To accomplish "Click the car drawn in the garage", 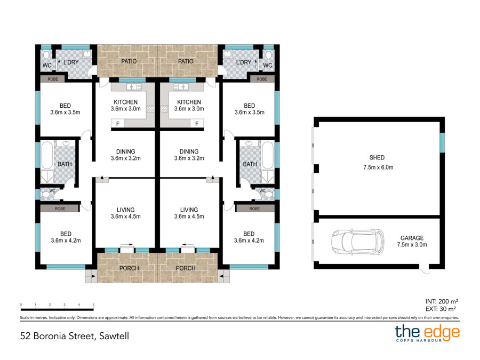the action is (x=357, y=242).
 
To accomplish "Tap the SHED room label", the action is (x=377, y=158).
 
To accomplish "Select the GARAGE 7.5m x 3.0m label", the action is (x=412, y=241).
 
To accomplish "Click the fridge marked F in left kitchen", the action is (x=118, y=124).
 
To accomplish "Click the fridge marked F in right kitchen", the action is (x=197, y=124).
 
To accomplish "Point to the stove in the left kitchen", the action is (x=150, y=109).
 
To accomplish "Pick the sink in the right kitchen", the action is (x=181, y=87).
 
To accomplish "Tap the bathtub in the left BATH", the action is (x=47, y=155).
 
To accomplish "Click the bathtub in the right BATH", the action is (x=268, y=155).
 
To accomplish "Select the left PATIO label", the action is (x=129, y=61).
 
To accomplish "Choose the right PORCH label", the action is (x=186, y=268).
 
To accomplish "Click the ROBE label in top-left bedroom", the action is (x=53, y=79).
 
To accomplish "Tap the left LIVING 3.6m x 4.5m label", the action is (x=125, y=213).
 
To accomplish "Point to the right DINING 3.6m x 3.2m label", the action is (x=189, y=155).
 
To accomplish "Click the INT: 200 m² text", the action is (x=442, y=301).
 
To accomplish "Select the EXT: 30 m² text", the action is (x=441, y=309).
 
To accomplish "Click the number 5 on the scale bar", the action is (x=93, y=305).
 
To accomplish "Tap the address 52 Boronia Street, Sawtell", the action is (x=74, y=336).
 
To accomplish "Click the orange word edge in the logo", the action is (x=441, y=332).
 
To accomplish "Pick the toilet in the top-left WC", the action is (x=46, y=55).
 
